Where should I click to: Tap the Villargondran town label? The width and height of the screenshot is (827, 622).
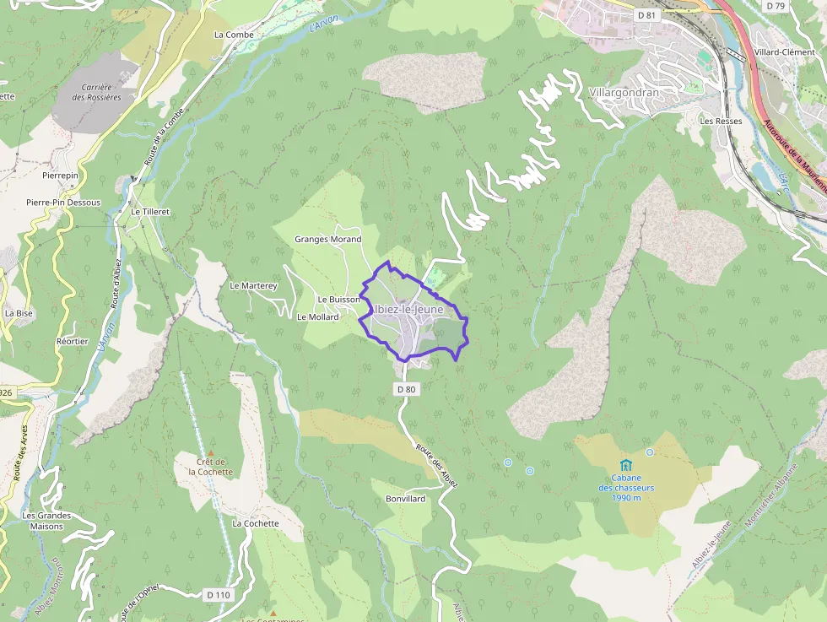[x=623, y=91]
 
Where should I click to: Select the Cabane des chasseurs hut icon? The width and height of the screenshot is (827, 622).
[x=625, y=465]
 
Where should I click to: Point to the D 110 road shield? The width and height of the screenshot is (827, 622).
[x=218, y=595]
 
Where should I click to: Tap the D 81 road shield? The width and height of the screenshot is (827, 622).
[x=646, y=15]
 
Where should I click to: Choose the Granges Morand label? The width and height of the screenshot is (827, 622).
[x=327, y=239]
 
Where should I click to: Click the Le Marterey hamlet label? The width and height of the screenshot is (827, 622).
[x=253, y=286]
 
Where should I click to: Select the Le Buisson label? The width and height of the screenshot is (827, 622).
[x=338, y=300]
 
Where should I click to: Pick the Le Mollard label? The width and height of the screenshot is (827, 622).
[x=317, y=317]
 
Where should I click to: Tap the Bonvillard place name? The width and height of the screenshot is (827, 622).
[x=405, y=499]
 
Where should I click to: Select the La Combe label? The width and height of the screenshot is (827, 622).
[x=234, y=35]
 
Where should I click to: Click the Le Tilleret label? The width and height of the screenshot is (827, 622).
[x=150, y=211]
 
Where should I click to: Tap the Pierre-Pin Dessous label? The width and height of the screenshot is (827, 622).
[x=63, y=203]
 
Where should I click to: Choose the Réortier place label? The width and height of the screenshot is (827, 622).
[x=72, y=341]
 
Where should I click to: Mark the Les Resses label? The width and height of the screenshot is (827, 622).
[x=721, y=121]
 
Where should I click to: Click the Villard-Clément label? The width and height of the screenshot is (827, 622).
[x=786, y=51]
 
